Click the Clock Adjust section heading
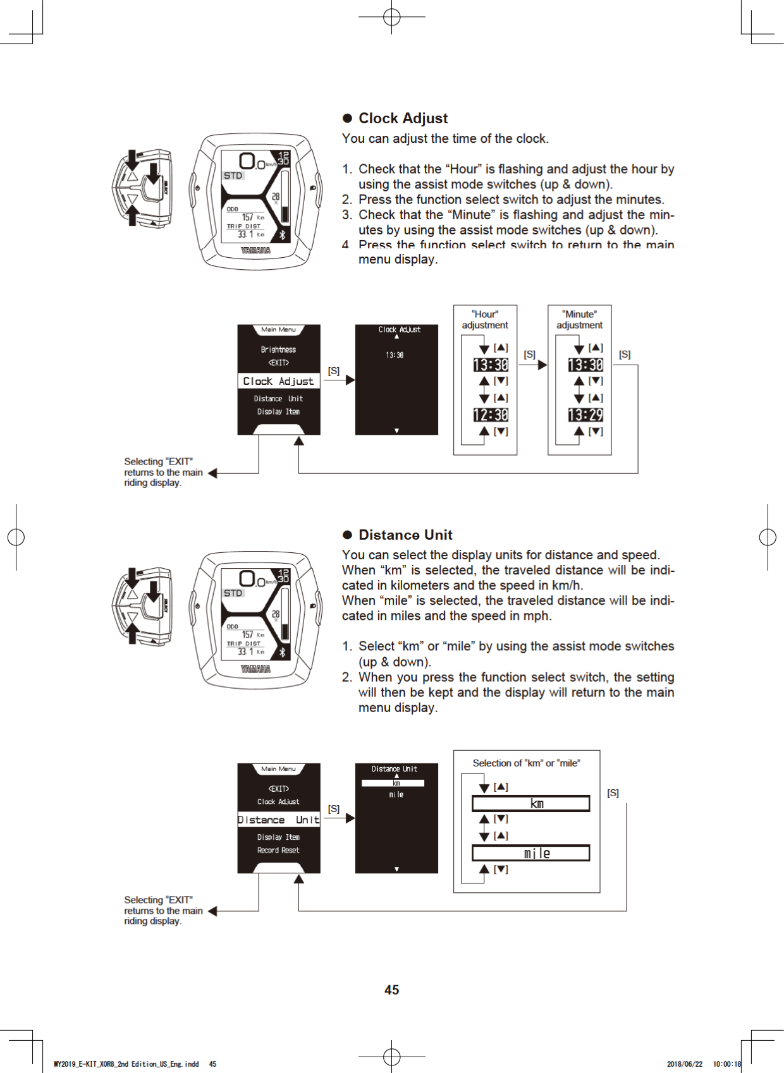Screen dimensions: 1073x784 pos(403,118)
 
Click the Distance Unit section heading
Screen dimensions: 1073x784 pos(405,535)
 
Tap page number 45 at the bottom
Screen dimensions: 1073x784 pos(391,990)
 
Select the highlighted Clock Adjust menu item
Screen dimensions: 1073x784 pos(278,381)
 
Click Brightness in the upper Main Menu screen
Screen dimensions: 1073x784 pos(278,349)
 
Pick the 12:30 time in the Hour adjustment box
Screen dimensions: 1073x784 pos(491,415)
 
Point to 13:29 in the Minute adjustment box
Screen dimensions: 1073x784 pos(585,415)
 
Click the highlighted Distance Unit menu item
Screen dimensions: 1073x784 pos(278,820)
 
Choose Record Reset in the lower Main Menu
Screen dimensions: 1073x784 pos(278,850)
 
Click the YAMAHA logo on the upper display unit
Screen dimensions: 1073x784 pos(255,250)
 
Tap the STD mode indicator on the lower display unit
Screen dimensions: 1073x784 pos(233,593)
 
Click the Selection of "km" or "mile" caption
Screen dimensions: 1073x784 pos(526,763)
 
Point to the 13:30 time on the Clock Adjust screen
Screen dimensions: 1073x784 pos(395,355)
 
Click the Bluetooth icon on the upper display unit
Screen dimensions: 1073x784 pos(282,234)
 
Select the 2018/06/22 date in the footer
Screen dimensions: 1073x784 pos(684,1064)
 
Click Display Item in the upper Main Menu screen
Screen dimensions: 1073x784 pos(278,411)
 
